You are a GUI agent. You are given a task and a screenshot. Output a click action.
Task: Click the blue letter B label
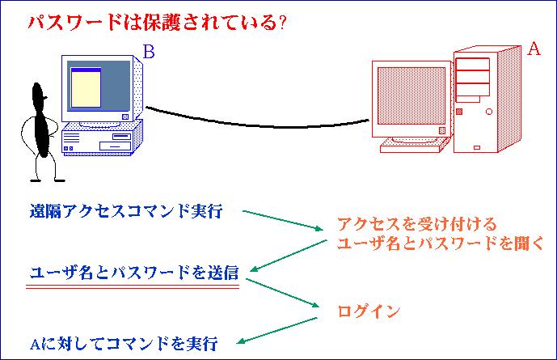(149, 53)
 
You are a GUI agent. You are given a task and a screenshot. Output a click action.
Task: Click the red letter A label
(533, 49)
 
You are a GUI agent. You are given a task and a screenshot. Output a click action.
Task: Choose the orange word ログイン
(368, 311)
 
